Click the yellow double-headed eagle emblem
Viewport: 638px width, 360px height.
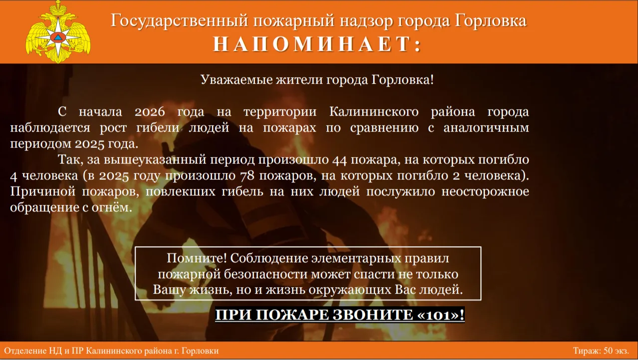58,32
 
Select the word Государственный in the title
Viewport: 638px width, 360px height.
180,21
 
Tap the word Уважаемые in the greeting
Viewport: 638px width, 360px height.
236,80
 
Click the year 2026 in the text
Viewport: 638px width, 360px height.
150,112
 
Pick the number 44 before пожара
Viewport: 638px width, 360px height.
340,160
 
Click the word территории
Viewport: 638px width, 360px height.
280,112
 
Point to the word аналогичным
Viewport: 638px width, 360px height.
486,128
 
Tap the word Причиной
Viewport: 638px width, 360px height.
43,191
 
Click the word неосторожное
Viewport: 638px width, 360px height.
485,191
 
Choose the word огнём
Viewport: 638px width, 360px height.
112,207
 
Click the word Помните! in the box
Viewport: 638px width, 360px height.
197,258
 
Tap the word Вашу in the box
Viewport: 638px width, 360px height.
169,290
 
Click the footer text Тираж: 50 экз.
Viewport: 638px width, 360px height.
601,351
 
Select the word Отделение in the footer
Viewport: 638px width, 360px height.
25,351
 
